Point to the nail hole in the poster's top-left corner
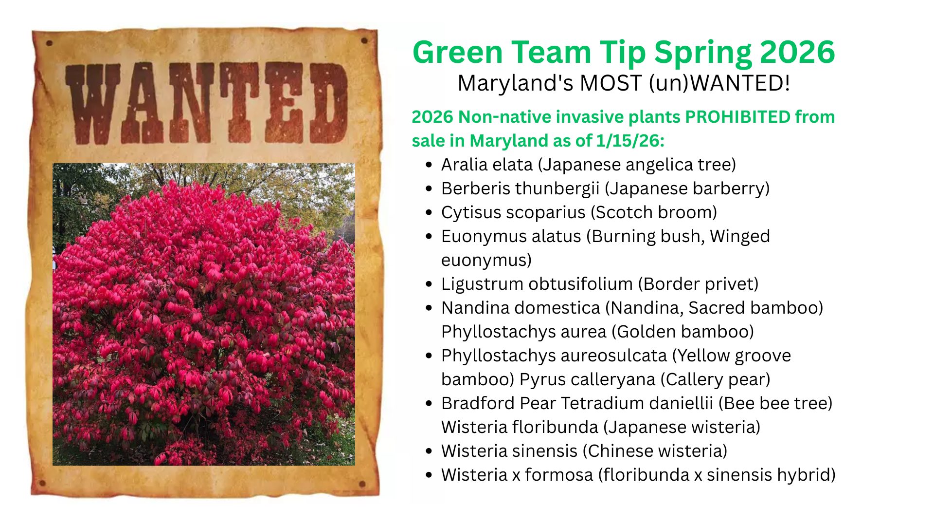point(49,43)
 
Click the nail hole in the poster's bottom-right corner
point(362,484)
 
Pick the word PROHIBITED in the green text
point(737,117)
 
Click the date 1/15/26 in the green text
point(630,141)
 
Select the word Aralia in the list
point(465,165)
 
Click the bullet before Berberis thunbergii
point(429,189)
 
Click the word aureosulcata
point(610,356)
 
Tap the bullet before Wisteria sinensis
point(429,451)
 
